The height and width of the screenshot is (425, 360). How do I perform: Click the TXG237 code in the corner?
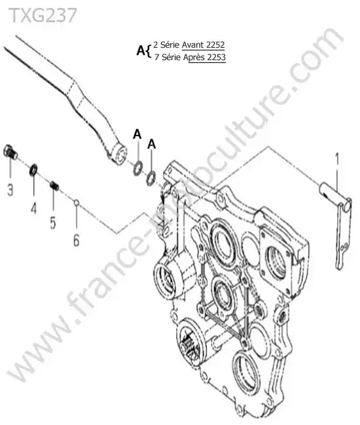click(43, 15)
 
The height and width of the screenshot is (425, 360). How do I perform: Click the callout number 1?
click(337, 159)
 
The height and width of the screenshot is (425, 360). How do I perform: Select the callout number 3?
click(10, 189)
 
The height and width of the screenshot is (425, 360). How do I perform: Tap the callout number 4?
click(33, 208)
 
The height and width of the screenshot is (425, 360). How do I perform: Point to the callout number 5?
click(53, 222)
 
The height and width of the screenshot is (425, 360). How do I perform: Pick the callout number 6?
click(77, 240)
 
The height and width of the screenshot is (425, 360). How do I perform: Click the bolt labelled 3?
click(10, 152)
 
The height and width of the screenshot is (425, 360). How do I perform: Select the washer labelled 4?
click(33, 170)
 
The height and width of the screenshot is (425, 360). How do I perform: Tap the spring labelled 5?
click(54, 186)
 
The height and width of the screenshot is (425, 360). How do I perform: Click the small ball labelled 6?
click(77, 202)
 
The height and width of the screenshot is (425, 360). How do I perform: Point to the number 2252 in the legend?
click(215, 44)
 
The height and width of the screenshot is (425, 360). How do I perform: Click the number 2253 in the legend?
click(216, 57)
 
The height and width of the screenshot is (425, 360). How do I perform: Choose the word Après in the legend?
click(194, 58)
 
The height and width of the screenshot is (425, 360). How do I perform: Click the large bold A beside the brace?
click(141, 51)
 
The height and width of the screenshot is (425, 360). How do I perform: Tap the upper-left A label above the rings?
click(137, 135)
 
